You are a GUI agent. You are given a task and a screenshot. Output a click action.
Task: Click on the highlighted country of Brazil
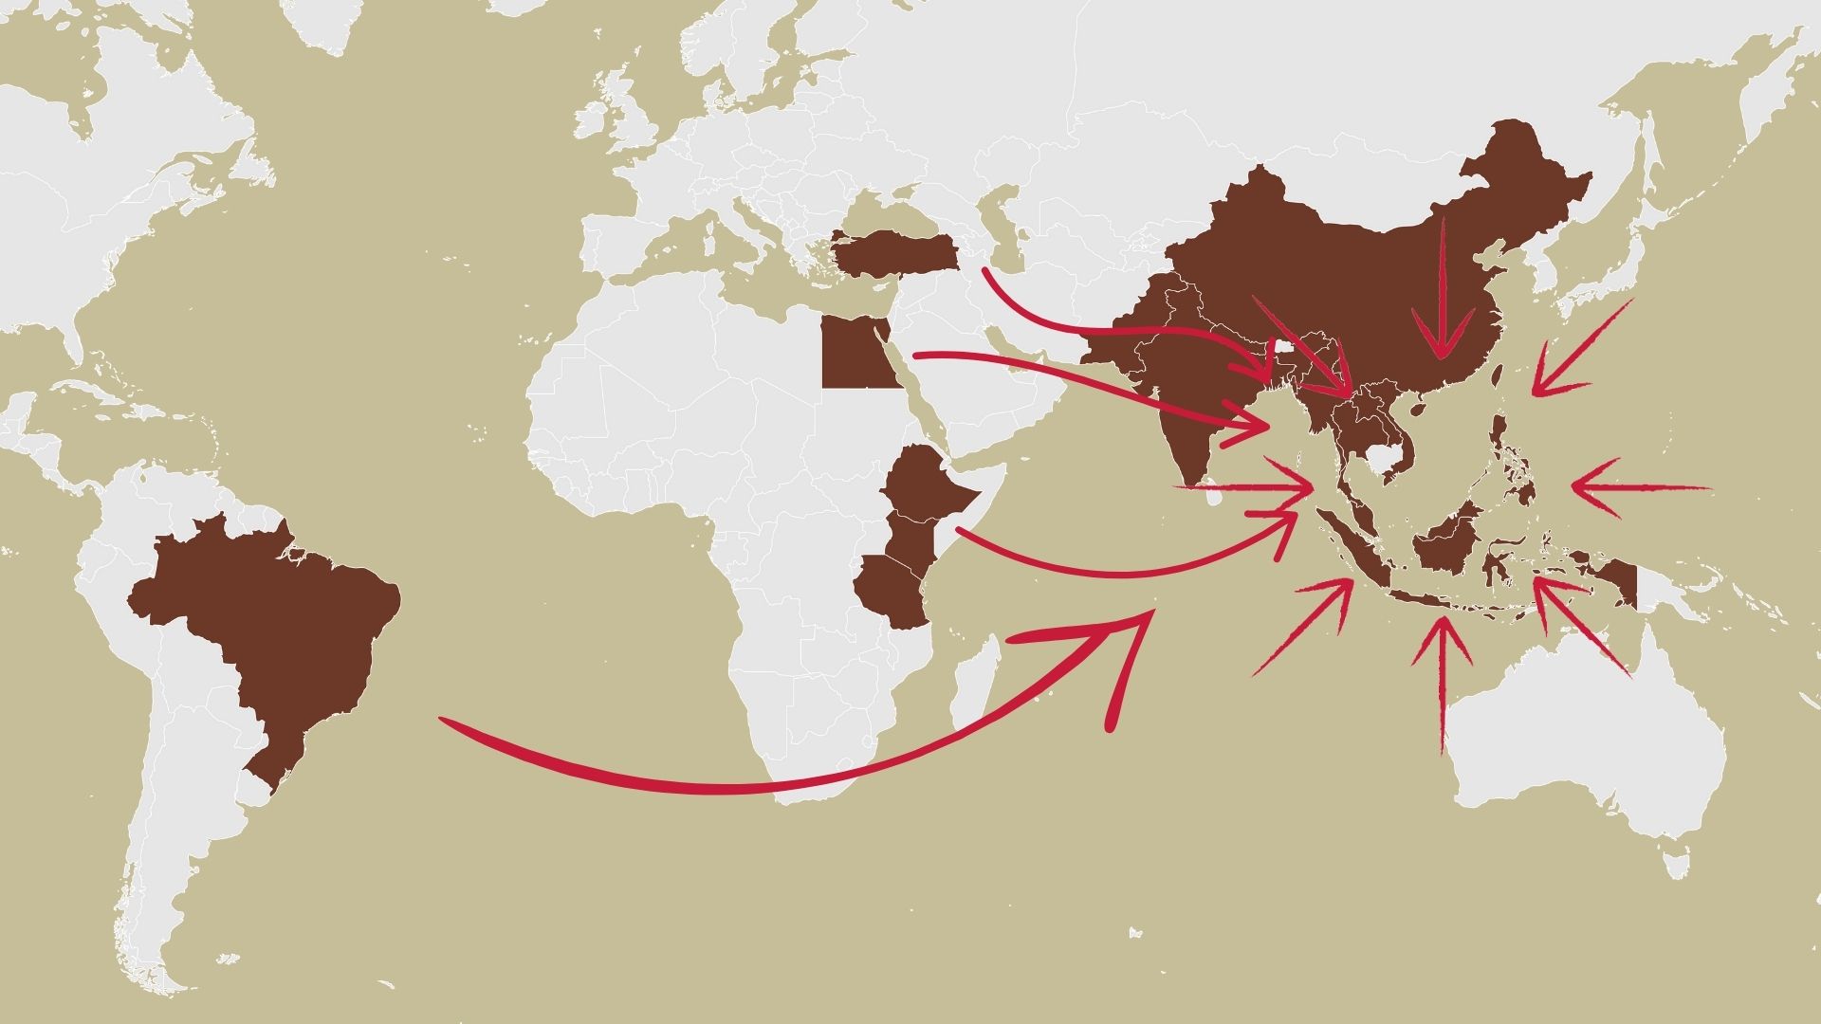click(275, 616)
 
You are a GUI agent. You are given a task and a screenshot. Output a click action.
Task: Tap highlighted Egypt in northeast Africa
click(854, 356)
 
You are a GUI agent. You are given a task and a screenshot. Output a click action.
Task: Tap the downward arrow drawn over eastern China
click(1442, 294)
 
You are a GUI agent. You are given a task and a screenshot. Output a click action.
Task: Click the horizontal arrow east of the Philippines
click(1641, 488)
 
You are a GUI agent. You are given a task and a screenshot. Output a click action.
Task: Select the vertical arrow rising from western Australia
click(1443, 683)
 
